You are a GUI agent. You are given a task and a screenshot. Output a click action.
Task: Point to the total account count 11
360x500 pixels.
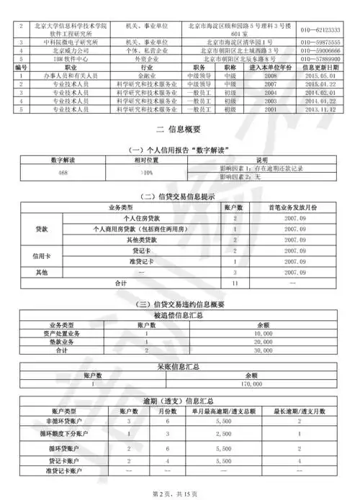235,283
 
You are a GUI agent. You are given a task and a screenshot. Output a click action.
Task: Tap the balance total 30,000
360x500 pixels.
262,351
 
